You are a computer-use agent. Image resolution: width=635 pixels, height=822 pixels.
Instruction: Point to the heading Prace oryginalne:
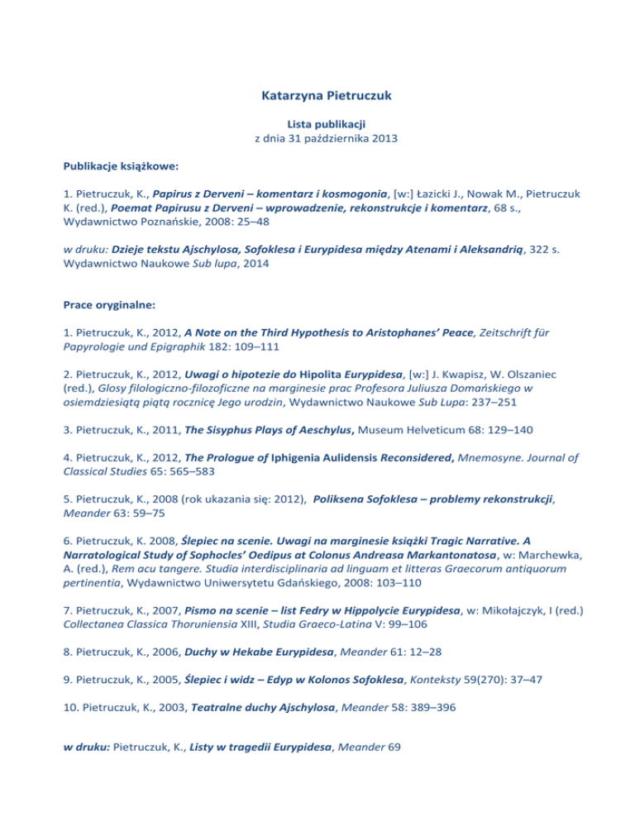tap(107, 303)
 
